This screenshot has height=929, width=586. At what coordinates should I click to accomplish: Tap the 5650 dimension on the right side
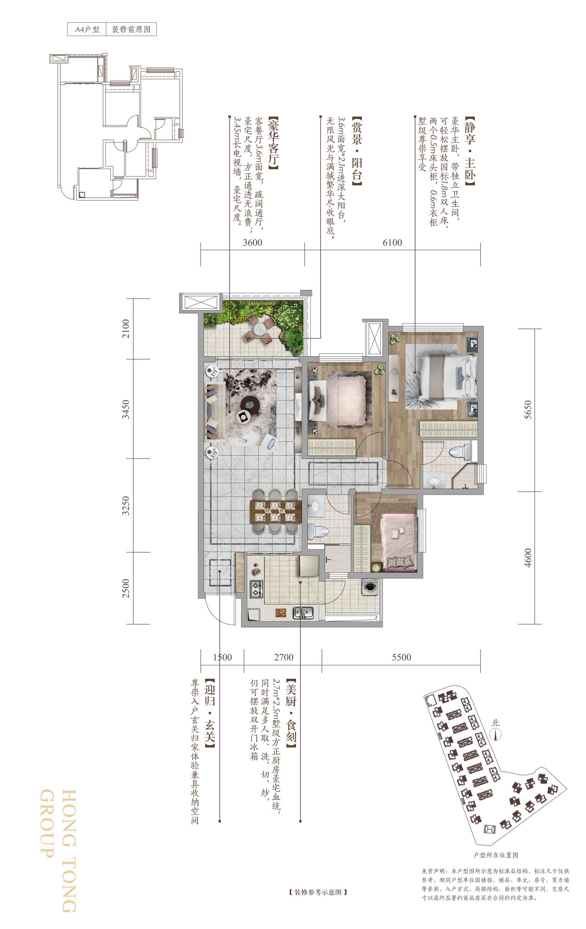(528, 410)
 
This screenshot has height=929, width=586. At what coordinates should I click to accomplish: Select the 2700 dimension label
(284, 657)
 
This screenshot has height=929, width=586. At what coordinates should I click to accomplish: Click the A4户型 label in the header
(87, 30)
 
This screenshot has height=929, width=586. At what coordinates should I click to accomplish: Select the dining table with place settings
(275, 511)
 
